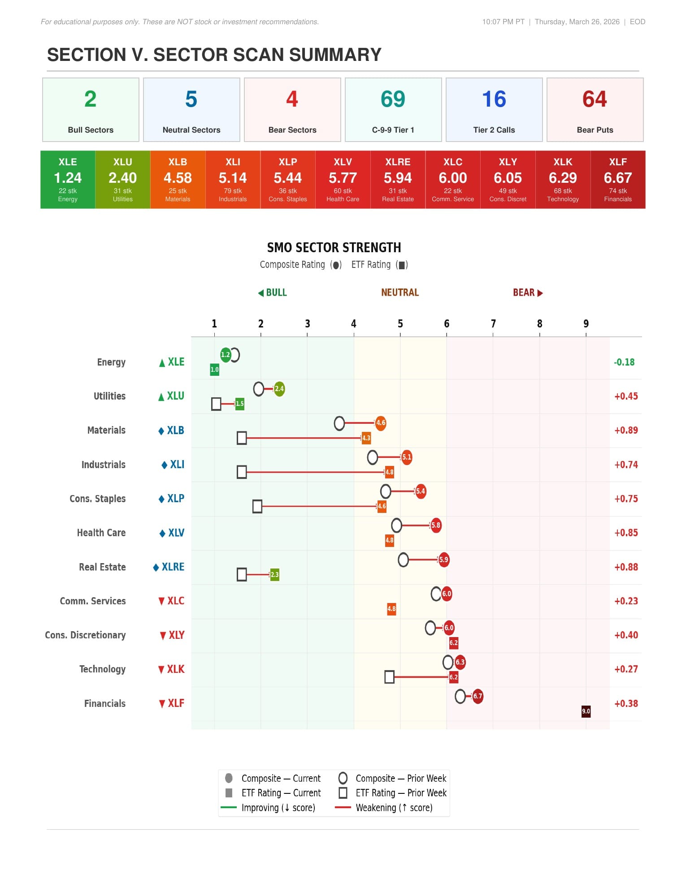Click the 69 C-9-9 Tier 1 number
coord(393,99)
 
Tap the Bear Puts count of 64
coord(595,99)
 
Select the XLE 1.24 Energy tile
coord(68,180)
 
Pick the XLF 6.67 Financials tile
coord(618,180)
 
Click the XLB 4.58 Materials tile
coord(178,180)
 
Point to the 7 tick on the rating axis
coord(493,324)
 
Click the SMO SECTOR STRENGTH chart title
coord(334,248)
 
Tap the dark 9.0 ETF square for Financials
coord(586,711)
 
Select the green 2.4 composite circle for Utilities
coord(279,389)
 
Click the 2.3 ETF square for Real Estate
coord(274,575)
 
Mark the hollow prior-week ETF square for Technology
coord(389,677)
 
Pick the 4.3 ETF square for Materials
coord(366,438)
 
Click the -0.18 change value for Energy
coord(624,362)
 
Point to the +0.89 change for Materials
coord(626,431)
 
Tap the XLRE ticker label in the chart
coord(173,567)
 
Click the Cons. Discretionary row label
coord(85,635)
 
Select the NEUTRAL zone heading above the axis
coord(400,293)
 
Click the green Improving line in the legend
coord(229,808)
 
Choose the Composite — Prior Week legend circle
coord(343,778)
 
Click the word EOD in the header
coord(637,22)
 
